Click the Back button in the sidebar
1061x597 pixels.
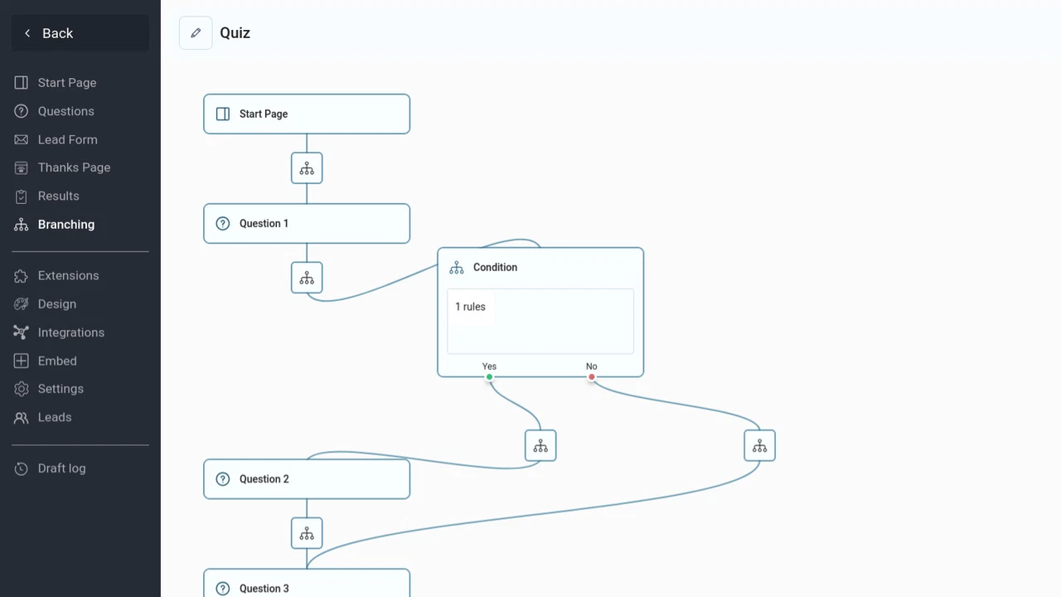80,33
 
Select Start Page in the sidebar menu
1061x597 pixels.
66,83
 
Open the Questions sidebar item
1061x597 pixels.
65,111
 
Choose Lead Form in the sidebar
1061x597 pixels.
67,139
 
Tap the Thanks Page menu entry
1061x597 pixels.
74,167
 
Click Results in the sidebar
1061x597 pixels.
58,196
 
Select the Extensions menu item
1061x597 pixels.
68,275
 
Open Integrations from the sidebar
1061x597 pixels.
70,332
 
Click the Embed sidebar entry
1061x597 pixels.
57,361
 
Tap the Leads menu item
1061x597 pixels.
54,417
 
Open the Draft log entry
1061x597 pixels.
61,468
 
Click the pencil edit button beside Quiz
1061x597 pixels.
196,33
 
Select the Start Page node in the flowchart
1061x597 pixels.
307,114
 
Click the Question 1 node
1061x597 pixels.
307,223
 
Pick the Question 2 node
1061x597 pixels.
307,478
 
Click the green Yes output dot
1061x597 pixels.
490,377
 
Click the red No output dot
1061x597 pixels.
592,377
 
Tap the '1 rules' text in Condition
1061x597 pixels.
470,307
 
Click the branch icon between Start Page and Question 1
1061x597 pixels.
307,168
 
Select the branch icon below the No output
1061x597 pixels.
759,446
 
